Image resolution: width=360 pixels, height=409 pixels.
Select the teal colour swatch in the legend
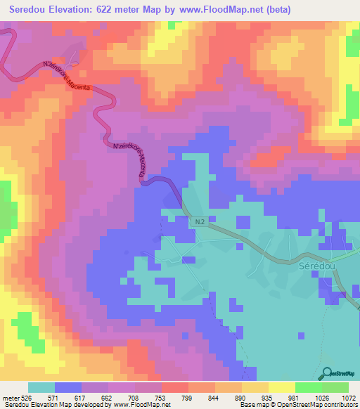[41, 387]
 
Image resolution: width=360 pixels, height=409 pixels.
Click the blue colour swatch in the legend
[68, 387]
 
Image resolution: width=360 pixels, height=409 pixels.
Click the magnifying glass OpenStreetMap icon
[328, 374]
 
